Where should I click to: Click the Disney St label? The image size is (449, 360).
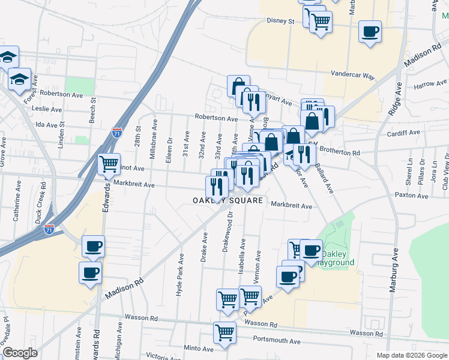(280, 21)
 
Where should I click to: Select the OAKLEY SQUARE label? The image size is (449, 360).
(228, 200)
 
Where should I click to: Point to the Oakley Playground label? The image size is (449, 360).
(337, 258)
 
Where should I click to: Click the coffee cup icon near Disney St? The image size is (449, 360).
(370, 31)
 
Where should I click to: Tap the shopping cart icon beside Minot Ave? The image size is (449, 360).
(109, 163)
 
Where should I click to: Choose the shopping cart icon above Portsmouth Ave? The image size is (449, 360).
(224, 332)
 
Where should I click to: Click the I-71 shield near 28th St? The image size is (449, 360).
(116, 133)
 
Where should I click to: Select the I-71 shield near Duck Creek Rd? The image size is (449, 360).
(49, 228)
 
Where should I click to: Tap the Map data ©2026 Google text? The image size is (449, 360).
(411, 355)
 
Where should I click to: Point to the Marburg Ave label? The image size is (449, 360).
(395, 275)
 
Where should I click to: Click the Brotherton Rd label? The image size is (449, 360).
(339, 153)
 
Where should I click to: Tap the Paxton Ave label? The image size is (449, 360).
(411, 196)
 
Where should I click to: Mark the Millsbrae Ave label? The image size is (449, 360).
(155, 137)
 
